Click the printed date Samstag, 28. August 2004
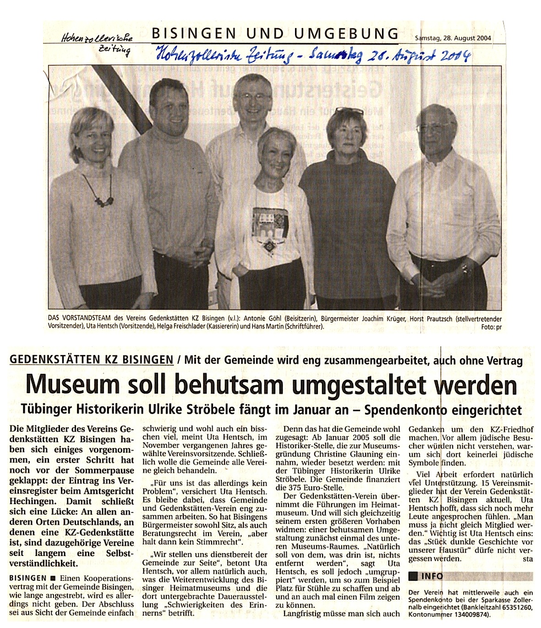coord(453,38)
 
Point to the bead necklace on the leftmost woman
coord(99,192)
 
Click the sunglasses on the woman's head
coord(350,111)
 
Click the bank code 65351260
coord(514,606)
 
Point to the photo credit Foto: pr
coord(491,327)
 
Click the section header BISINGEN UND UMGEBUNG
coord(275,33)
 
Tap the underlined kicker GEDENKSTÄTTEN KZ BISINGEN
coord(92,360)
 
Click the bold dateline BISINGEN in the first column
coord(28,578)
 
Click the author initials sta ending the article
coord(528,559)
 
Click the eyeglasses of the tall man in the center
coord(254,97)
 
